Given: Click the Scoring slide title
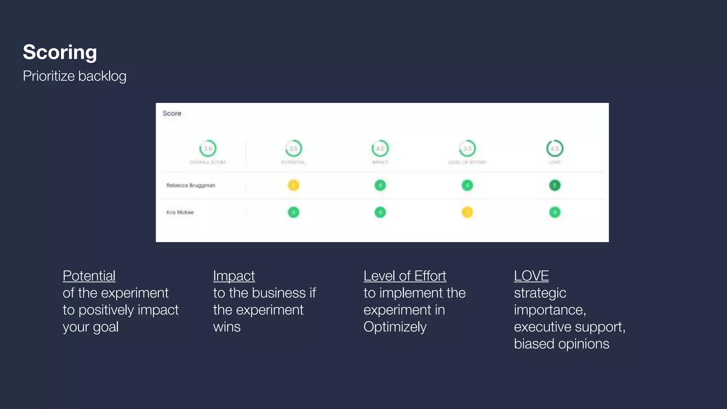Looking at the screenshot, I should (60, 52).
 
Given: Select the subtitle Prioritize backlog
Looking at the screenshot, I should (75, 76).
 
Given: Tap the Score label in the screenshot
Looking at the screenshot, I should (172, 113).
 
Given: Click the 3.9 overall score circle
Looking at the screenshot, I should (208, 148).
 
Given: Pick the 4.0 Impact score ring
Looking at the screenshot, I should (380, 148).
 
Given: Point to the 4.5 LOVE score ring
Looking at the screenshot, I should (555, 148).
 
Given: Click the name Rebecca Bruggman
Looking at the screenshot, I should (191, 185).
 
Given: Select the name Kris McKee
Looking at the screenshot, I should (180, 212).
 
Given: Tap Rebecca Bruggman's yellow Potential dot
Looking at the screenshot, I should (294, 185).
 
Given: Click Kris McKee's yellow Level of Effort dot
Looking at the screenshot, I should (467, 212).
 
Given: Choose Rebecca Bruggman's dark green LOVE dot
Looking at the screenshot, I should (555, 185).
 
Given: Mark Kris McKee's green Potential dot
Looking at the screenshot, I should (294, 212).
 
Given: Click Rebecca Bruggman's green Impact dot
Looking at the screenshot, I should (380, 185).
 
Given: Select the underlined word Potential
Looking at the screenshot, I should (89, 276).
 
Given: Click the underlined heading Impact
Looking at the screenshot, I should (234, 276).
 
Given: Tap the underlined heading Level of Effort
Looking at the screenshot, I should (405, 276).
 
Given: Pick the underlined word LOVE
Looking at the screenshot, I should (531, 276).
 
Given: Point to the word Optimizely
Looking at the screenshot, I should (395, 327).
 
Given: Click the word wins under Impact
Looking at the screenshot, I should (227, 327).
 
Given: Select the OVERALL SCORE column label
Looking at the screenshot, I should (208, 162).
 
